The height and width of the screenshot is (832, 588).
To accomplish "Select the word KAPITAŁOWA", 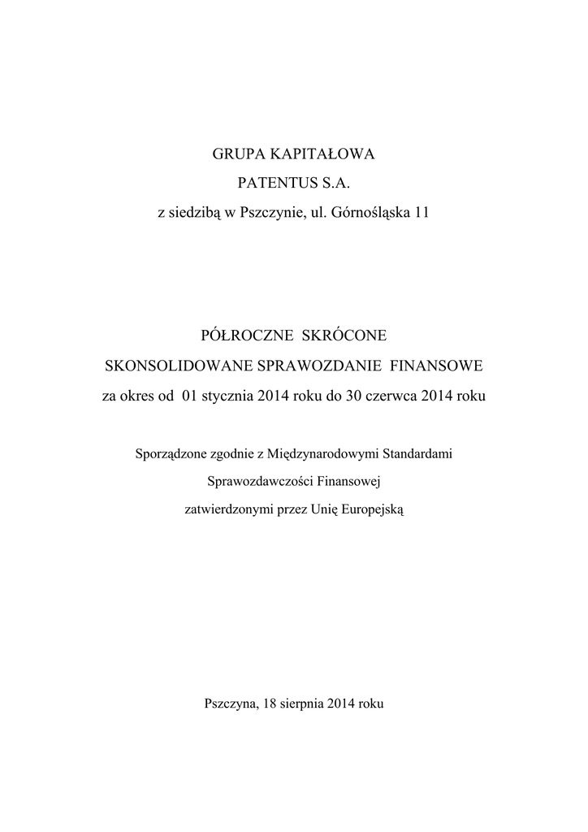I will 321,153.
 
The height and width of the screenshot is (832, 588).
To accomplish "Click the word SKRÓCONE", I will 345,335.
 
